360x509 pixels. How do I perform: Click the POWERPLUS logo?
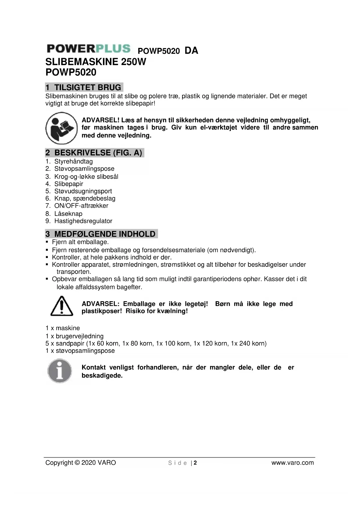(x=89, y=49)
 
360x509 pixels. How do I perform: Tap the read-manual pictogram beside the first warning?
(x=61, y=128)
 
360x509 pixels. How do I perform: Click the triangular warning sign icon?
(x=61, y=306)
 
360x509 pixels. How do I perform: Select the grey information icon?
(x=60, y=371)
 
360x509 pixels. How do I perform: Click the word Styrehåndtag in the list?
(x=73, y=161)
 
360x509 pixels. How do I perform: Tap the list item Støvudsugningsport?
(x=83, y=191)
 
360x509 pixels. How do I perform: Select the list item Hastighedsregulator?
(x=83, y=221)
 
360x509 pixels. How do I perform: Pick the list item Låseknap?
(x=68, y=214)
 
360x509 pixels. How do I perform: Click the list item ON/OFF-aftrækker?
(x=81, y=206)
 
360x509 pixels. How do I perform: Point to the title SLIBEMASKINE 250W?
(x=96, y=62)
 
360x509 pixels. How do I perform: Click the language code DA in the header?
(x=191, y=50)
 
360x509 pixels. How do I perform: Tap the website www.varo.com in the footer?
(x=292, y=463)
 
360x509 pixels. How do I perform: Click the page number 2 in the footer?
(x=195, y=463)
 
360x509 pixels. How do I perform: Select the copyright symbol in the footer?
(x=77, y=463)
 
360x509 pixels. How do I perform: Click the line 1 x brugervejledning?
(x=75, y=336)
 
